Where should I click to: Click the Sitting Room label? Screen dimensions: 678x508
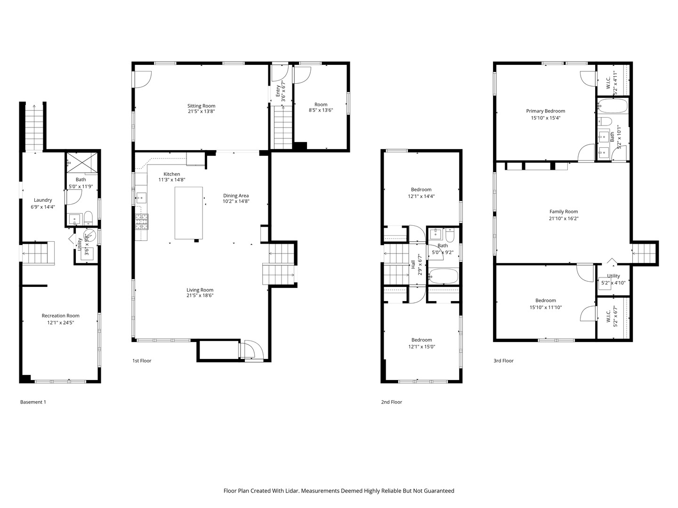point(201,106)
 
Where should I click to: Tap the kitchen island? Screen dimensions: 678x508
point(189,213)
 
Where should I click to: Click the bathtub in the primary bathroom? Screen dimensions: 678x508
point(613,106)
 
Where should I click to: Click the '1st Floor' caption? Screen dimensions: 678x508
point(142,361)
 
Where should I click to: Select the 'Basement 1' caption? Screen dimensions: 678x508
point(33,402)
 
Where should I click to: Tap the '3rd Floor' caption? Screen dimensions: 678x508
point(503,361)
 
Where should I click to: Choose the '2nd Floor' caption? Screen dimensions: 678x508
point(391,402)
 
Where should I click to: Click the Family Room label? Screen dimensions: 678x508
point(564,212)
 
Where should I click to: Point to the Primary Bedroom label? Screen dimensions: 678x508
point(546,111)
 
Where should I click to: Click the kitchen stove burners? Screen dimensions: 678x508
point(141,222)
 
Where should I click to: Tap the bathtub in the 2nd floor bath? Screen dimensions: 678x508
point(443,276)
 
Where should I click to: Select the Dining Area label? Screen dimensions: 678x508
point(236,196)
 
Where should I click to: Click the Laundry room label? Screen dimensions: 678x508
point(43,200)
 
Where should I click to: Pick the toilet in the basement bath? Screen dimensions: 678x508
point(89,218)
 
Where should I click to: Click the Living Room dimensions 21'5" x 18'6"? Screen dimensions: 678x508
point(200,295)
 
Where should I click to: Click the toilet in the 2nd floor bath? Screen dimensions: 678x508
point(450,235)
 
